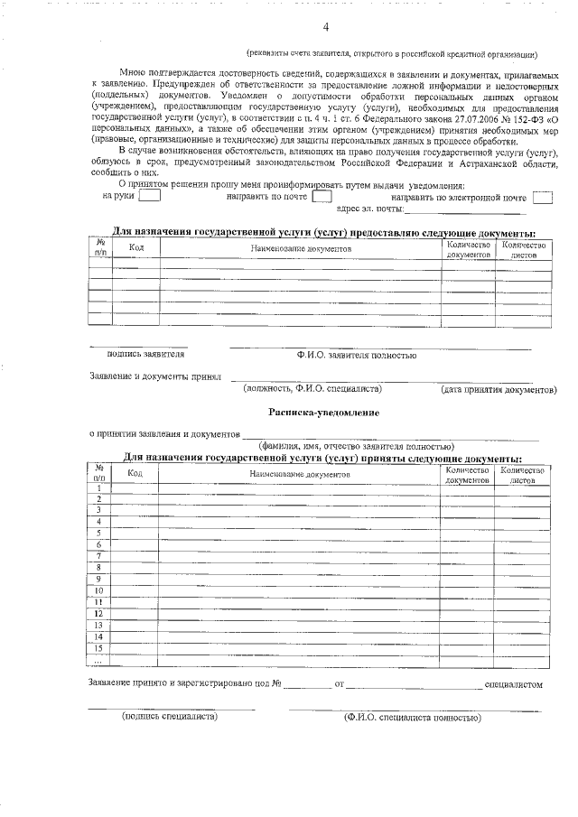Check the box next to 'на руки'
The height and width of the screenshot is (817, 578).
tap(150, 195)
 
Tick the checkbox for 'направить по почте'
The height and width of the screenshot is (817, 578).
tap(322, 195)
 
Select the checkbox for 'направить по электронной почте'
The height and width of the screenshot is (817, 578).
tap(542, 196)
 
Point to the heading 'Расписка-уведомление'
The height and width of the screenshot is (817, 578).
tap(323, 413)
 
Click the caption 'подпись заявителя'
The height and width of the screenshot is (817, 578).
tap(146, 355)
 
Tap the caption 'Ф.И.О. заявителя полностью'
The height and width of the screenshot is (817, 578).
tap(356, 355)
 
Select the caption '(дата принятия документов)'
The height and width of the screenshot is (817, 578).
tap(499, 390)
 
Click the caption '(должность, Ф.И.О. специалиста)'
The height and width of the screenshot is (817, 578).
tap(312, 389)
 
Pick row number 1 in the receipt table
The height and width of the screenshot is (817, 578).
tap(98, 488)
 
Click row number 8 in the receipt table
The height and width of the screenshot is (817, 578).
tap(98, 568)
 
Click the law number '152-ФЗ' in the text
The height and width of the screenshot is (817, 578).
tap(528, 117)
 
